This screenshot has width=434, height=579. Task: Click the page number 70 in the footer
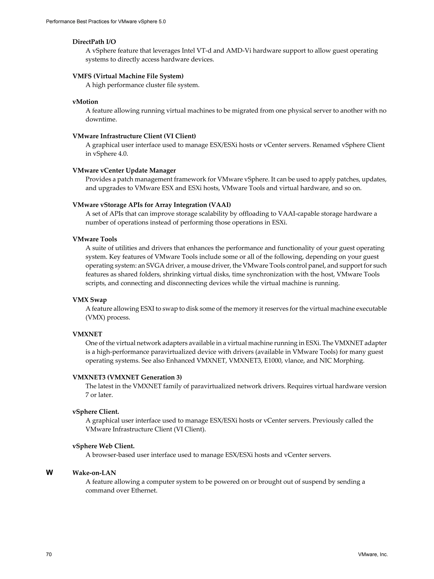[49, 554]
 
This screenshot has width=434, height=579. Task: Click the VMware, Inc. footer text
[373, 554]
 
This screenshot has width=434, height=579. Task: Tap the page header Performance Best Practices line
[106, 22]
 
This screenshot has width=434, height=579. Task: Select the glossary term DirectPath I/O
[94, 42]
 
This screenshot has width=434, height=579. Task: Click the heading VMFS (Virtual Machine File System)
[128, 76]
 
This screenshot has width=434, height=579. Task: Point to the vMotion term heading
[85, 102]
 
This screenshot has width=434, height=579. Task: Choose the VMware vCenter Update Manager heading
[124, 170]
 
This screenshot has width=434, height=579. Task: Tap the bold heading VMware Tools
[95, 239]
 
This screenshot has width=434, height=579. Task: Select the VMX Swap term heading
[89, 300]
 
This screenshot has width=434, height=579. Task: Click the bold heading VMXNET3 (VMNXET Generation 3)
[127, 377]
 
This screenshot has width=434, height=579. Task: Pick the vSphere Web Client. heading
[103, 446]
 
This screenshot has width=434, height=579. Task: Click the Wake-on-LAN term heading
[94, 473]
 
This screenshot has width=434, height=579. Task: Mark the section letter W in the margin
[49, 473]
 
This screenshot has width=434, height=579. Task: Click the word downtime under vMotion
[101, 119]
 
